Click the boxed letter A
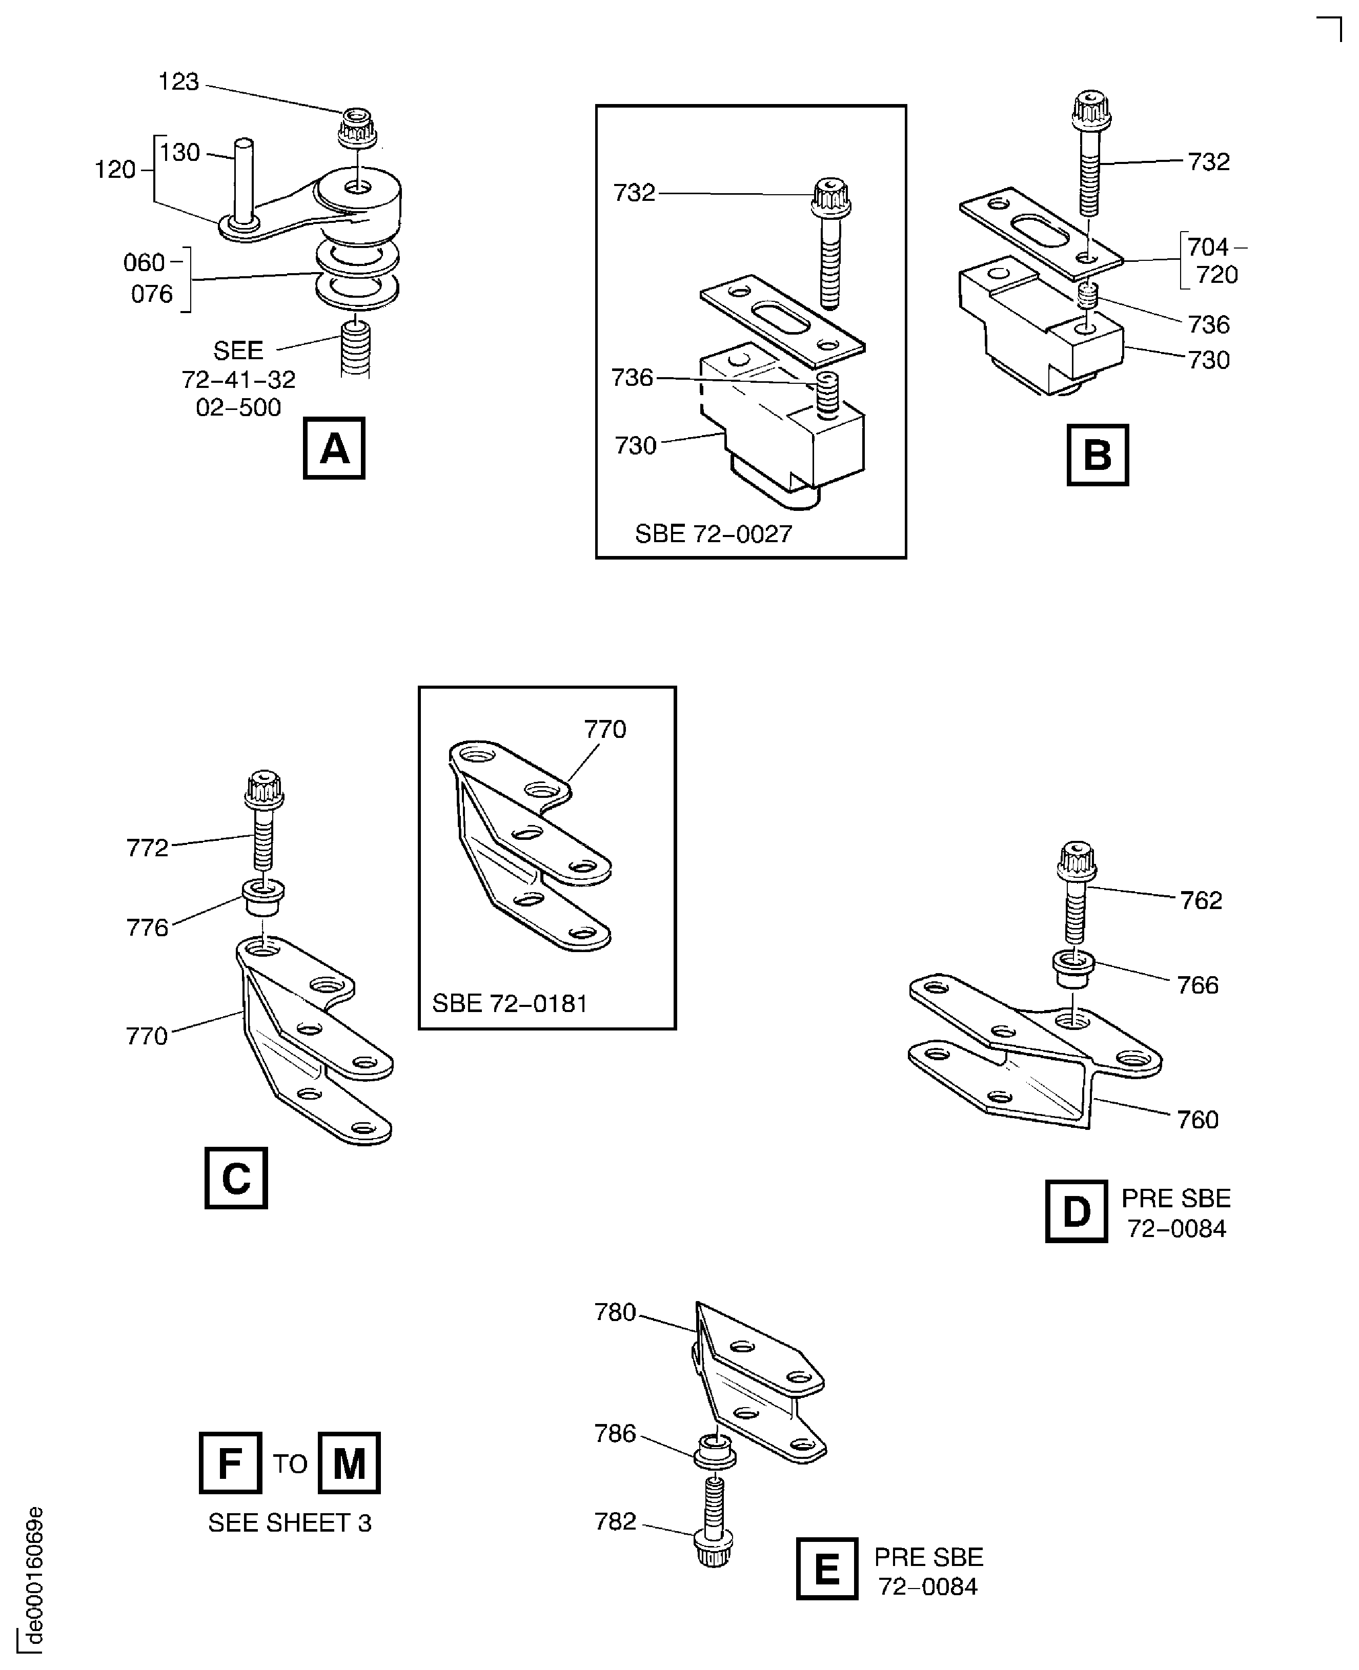(x=334, y=448)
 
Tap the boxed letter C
(x=236, y=1178)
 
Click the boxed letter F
(x=230, y=1462)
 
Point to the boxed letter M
(x=349, y=1462)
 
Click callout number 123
(x=178, y=81)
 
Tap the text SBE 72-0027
(x=713, y=534)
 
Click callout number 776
(x=147, y=927)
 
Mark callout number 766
(x=1198, y=984)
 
